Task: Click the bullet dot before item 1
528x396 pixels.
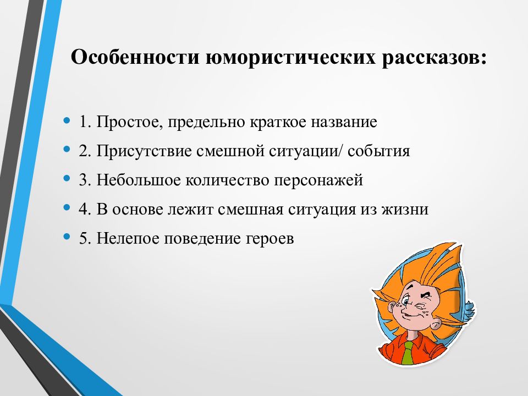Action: tap(67, 120)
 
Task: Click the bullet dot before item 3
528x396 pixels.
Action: tap(67, 179)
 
